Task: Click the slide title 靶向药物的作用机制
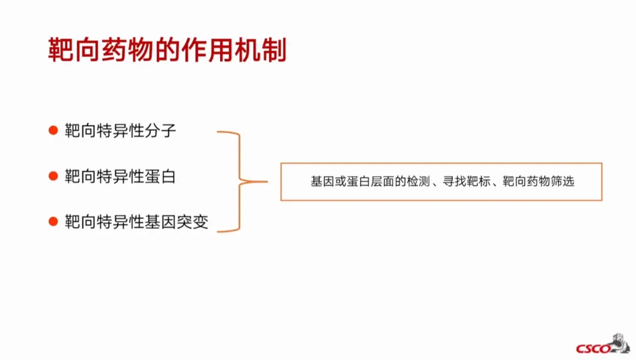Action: coord(167,51)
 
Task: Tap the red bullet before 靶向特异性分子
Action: coord(53,130)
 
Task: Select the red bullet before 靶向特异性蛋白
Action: coord(53,176)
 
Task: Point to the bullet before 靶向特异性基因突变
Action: coord(53,222)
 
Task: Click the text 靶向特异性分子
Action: coord(120,130)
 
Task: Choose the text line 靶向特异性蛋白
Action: coord(120,176)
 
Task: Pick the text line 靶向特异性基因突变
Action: coord(136,222)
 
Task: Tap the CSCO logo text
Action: coord(593,348)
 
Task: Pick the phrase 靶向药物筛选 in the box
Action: coord(538,182)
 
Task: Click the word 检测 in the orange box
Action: coord(418,182)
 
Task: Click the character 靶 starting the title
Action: coord(59,51)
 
